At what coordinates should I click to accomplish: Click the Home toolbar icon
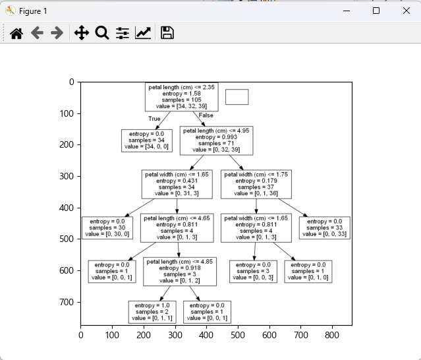(16, 33)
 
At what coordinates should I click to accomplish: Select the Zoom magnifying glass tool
(102, 33)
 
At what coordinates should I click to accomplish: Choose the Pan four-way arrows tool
(82, 33)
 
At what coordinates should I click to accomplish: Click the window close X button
(407, 11)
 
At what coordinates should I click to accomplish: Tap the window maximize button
(376, 11)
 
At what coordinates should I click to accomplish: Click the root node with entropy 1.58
(172, 97)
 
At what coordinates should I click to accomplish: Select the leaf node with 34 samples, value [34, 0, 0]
(147, 140)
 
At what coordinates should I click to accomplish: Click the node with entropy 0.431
(177, 185)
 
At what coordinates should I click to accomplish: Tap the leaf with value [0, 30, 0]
(107, 228)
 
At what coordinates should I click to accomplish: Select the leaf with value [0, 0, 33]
(324, 228)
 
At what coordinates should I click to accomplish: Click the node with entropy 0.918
(180, 272)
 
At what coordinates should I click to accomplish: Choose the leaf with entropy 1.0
(152, 312)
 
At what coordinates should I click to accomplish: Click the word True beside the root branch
(154, 119)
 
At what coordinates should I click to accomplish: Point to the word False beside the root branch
(206, 115)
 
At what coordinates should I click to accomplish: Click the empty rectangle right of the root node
(237, 97)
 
